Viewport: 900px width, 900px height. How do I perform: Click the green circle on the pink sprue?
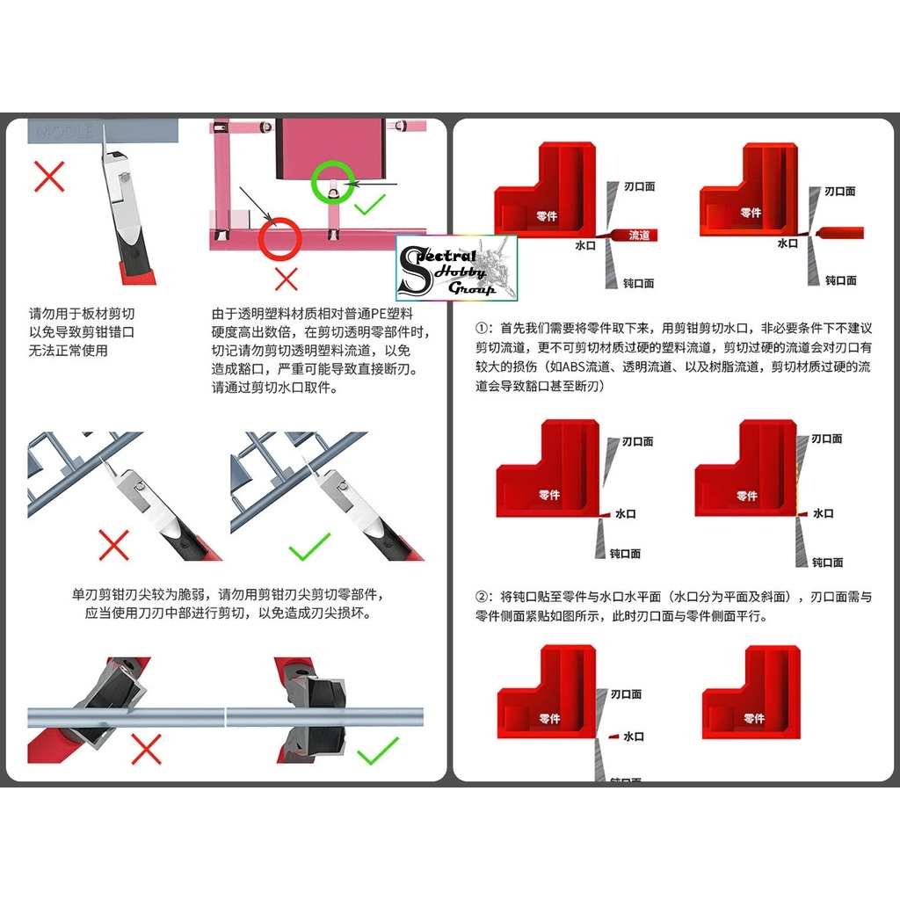(333, 182)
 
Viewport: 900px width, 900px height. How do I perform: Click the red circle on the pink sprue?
(279, 238)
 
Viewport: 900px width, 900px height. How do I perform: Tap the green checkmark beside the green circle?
(370, 205)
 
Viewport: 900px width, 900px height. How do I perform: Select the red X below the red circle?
(286, 279)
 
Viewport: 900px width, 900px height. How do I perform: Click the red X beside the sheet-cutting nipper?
(49, 177)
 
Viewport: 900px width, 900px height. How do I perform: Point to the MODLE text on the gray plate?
(65, 132)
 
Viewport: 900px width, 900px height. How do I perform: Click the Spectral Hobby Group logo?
(457, 268)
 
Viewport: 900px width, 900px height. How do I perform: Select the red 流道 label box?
(639, 235)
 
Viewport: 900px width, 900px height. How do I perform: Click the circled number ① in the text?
(481, 328)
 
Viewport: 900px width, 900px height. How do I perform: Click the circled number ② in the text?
(481, 597)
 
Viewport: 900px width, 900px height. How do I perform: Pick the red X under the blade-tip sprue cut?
(114, 545)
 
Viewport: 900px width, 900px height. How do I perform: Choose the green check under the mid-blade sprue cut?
(309, 546)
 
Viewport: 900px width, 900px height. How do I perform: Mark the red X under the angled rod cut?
(146, 750)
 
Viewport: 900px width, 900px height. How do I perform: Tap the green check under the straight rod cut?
(378, 751)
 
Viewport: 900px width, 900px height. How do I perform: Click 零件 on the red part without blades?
(753, 718)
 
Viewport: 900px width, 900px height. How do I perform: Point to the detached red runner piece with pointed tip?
(839, 233)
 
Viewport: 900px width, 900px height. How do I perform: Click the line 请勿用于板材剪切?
(82, 313)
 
